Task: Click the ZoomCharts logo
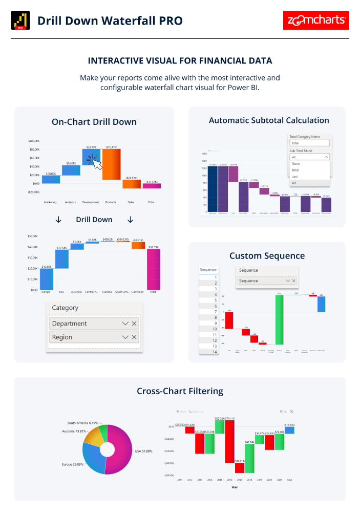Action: pyautogui.click(x=316, y=20)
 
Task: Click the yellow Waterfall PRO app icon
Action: pyautogui.click(x=20, y=20)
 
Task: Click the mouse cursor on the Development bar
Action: pyautogui.click(x=95, y=163)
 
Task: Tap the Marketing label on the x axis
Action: pyautogui.click(x=50, y=202)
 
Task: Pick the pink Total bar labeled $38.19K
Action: pyautogui.click(x=153, y=269)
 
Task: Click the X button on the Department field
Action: pyautogui.click(x=134, y=324)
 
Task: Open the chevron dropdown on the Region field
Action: pyautogui.click(x=125, y=337)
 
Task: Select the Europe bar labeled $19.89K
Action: pyautogui.click(x=46, y=278)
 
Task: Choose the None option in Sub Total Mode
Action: pyautogui.click(x=296, y=164)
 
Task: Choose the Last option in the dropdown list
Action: pyautogui.click(x=295, y=177)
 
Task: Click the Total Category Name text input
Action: pyautogui.click(x=310, y=143)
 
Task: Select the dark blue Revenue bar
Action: pyautogui.click(x=213, y=189)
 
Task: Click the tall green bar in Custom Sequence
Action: pyautogui.click(x=279, y=320)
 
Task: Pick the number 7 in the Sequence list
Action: pyautogui.click(x=208, y=312)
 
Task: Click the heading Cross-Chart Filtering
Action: pyautogui.click(x=180, y=391)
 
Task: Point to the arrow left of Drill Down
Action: pyautogui.click(x=58, y=220)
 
